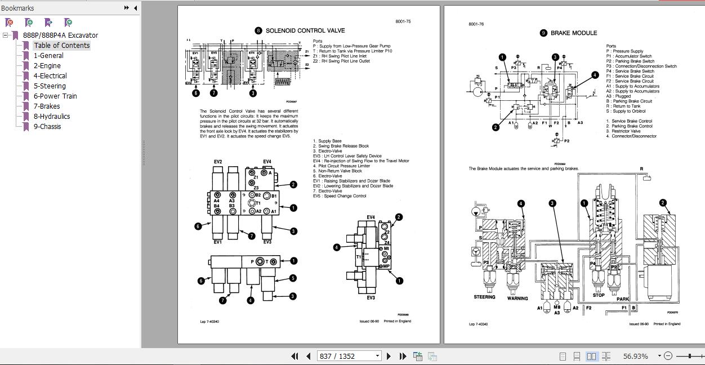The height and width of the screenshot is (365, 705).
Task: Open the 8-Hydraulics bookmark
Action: click(x=52, y=117)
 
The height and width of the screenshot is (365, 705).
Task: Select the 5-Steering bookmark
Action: click(x=50, y=86)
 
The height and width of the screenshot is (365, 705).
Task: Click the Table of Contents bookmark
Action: click(x=61, y=46)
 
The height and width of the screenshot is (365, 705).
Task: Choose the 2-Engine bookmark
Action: click(x=47, y=66)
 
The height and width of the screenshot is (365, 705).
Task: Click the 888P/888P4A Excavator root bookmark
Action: click(x=60, y=35)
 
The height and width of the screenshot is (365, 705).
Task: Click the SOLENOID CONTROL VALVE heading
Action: click(x=305, y=30)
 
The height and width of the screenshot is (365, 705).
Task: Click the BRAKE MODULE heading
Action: click(x=573, y=33)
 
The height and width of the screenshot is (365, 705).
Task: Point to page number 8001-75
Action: click(x=403, y=21)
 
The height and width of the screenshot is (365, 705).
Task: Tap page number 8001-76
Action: click(x=476, y=24)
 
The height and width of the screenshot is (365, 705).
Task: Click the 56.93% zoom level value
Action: click(x=635, y=356)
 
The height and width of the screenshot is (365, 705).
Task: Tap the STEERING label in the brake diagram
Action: click(x=484, y=297)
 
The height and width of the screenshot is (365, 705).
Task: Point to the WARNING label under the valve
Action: click(x=517, y=299)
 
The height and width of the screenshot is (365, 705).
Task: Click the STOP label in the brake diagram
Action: click(x=599, y=295)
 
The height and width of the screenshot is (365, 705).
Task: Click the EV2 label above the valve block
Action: click(x=218, y=162)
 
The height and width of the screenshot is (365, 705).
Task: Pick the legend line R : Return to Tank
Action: click(x=623, y=106)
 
